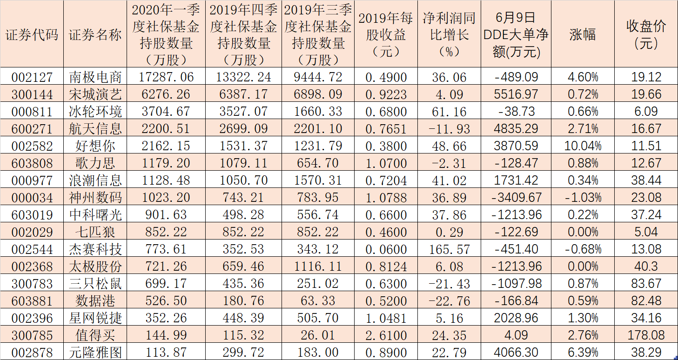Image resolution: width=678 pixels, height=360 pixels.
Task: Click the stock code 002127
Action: point(32,77)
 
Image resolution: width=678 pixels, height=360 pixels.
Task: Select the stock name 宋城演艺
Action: point(95,94)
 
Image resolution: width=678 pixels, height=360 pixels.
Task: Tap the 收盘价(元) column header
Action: point(646,34)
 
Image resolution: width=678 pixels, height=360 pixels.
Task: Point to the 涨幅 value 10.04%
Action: point(583,146)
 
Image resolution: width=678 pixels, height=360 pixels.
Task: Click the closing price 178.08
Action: point(646,335)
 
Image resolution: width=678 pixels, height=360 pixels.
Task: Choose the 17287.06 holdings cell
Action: point(166,77)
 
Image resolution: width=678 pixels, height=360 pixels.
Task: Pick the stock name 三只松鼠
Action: point(95,283)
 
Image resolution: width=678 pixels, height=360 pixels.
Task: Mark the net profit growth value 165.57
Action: point(449,249)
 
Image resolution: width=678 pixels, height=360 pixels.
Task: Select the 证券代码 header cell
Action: point(32,35)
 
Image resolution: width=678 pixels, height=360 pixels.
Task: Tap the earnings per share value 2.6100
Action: point(386,335)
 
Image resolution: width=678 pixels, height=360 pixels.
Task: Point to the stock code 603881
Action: point(32,300)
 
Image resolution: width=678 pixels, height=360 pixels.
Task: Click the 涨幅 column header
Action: point(583,35)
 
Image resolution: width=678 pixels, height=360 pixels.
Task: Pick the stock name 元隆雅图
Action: point(95,352)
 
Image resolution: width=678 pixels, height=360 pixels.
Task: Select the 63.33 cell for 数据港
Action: point(319,300)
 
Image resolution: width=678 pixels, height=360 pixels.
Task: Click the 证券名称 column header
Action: point(95,35)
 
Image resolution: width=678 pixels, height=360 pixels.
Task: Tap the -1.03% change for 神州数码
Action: point(583,198)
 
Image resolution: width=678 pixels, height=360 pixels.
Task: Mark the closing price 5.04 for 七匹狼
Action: point(646,232)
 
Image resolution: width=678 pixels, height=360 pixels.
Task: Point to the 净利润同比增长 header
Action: point(449,34)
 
